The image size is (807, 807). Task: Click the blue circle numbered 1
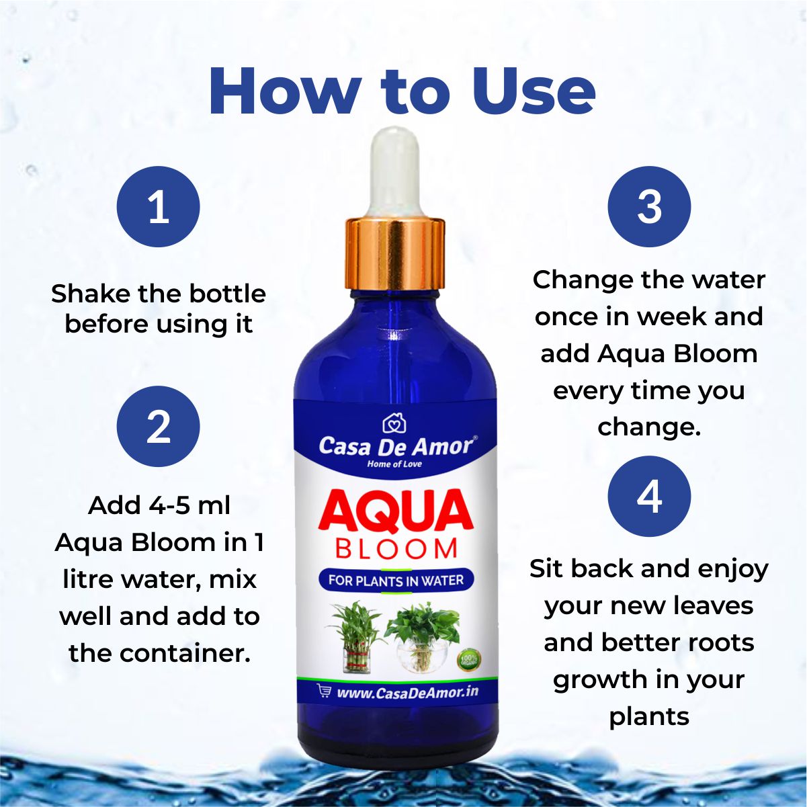159,207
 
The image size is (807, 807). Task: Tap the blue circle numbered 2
159,426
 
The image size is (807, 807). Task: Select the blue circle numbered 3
649,207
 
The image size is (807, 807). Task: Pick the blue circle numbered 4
649,497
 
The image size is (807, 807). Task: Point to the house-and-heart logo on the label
394,423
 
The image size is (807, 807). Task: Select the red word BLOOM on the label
396,549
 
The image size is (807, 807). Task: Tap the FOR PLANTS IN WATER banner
396,580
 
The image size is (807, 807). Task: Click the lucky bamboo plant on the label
356,636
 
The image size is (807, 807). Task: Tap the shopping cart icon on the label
324,691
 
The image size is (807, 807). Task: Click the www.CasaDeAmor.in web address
407,692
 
